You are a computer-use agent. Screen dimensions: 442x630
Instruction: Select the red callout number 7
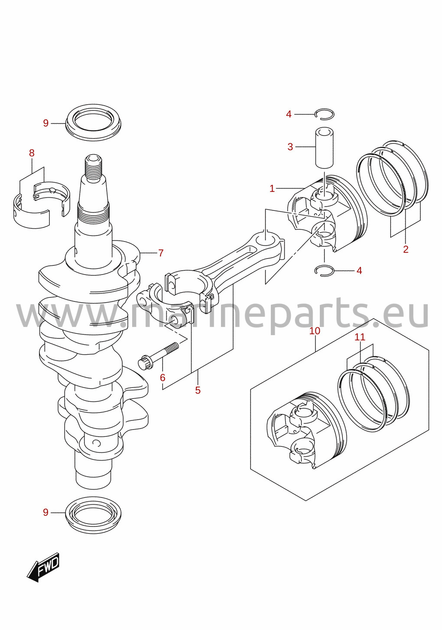[x=161, y=253]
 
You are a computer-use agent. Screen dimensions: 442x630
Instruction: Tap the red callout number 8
[x=32, y=153]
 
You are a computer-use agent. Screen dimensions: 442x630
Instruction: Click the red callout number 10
[x=315, y=331]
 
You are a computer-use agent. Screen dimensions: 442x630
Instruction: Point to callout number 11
[x=360, y=337]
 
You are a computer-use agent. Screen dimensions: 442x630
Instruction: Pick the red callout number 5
[x=198, y=390]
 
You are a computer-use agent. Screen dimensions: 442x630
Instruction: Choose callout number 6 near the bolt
[x=162, y=378]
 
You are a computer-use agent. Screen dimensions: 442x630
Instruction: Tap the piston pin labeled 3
[x=324, y=148]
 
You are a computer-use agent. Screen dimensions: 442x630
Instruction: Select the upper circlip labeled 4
[x=324, y=113]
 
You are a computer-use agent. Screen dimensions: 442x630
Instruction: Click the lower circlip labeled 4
[x=324, y=270]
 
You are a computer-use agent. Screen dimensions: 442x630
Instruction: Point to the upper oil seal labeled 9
[x=93, y=123]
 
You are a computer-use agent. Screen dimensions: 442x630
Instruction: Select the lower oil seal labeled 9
[x=93, y=512]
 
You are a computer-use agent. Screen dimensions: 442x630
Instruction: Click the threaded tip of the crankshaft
[x=93, y=169]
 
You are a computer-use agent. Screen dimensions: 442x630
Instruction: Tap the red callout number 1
[x=272, y=189]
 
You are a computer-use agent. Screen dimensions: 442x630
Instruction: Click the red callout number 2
[x=406, y=249]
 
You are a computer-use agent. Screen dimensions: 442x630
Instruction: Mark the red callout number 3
[x=290, y=146]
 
